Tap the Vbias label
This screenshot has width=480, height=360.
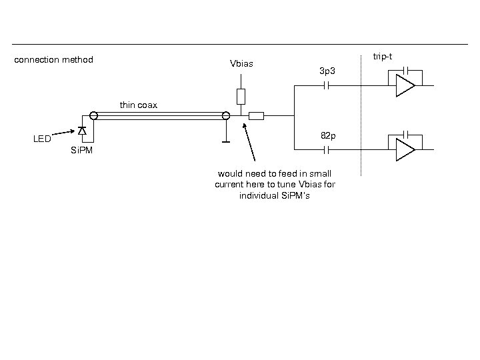[241, 65]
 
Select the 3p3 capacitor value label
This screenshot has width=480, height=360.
[327, 70]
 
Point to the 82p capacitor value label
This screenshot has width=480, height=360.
[328, 136]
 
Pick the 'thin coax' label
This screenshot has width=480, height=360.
[139, 105]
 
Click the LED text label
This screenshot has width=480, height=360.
[42, 139]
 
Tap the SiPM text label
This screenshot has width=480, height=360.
[81, 151]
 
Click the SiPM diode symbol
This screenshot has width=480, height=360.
[82, 130]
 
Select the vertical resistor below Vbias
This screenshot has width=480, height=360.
[241, 97]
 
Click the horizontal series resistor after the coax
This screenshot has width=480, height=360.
[256, 117]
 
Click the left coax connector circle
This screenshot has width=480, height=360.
[95, 116]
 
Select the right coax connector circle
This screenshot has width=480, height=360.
[226, 117]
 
